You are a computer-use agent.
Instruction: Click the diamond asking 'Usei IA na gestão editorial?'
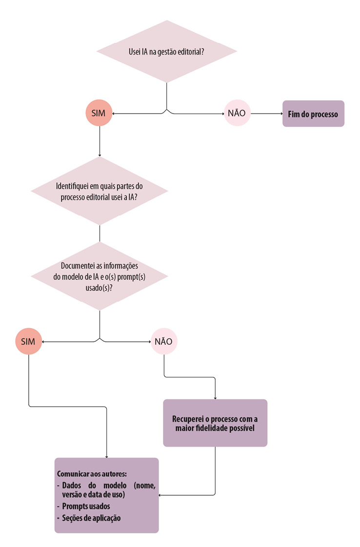[x=167, y=52]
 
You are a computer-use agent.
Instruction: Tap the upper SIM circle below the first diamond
[x=99, y=114]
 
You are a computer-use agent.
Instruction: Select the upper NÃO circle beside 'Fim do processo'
[x=237, y=114]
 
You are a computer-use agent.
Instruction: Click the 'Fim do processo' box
[x=313, y=114]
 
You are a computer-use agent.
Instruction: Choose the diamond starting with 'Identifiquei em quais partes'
[x=100, y=191]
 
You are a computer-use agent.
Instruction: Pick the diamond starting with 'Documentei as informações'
[x=100, y=276]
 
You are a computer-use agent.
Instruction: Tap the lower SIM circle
[x=29, y=342]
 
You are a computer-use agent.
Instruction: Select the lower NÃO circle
[x=164, y=342]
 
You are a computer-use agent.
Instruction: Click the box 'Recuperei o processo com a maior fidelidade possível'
[x=215, y=423]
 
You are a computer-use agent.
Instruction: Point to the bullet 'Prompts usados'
[x=86, y=506]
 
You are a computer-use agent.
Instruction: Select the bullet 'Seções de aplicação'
[x=91, y=518]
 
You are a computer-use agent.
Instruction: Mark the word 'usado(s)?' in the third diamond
[x=100, y=287]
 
